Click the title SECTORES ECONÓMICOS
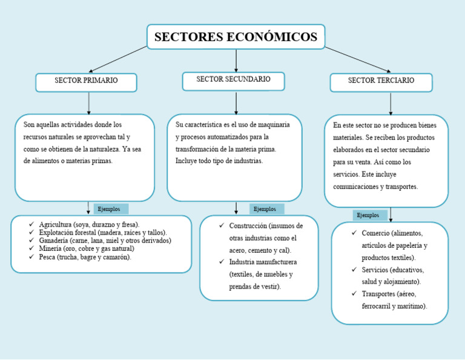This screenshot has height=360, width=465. coord(236,37)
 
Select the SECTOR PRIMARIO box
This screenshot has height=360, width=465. coord(86,81)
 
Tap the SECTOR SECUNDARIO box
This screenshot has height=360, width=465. coord(233,79)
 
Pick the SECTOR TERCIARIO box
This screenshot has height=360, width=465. coord(381,81)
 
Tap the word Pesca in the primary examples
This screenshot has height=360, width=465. coord(48,257)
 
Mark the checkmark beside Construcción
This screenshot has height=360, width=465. coord(222,225)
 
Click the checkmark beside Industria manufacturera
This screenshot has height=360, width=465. coord(222,262)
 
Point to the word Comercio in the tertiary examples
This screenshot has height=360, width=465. coord(375,233)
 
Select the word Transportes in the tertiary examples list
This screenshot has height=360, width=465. coord(379,294)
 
